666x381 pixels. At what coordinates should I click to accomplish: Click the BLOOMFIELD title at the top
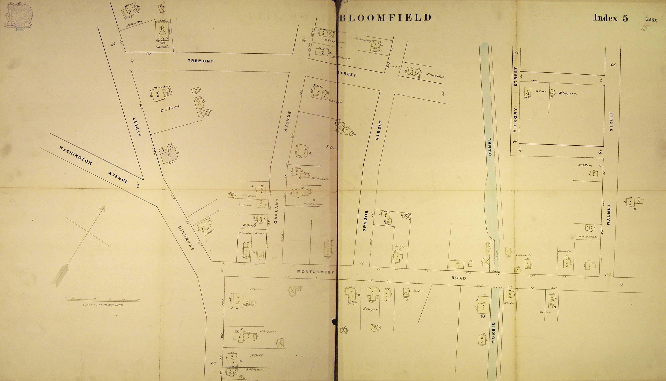[385, 18]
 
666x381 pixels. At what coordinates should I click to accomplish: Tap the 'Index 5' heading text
[610, 18]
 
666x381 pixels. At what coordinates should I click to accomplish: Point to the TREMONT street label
[201, 61]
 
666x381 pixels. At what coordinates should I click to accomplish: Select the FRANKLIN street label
[186, 238]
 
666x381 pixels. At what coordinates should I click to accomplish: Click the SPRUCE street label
[365, 221]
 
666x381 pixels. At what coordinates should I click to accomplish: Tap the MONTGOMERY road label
[316, 272]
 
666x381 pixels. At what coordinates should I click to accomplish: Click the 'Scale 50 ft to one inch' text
[103, 305]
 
